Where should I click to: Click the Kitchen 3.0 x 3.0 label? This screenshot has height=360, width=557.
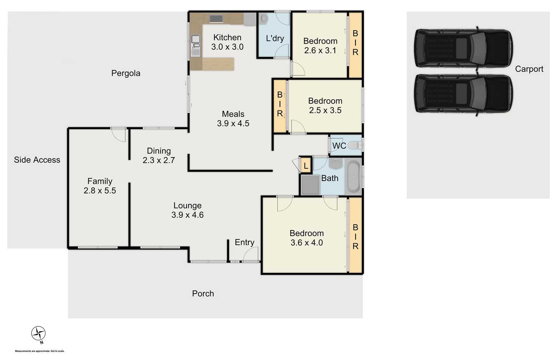coord(227,42)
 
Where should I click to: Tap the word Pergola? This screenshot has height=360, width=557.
coord(126,73)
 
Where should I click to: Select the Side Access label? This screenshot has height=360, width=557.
coord(37,160)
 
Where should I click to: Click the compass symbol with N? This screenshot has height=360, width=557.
coord(38,334)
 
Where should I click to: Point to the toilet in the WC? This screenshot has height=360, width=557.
coord(354,146)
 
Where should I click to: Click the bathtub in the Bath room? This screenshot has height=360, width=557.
coord(353,177)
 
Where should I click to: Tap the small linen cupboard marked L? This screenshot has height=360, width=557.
coord(306,166)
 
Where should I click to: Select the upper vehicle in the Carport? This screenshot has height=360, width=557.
coord(463,48)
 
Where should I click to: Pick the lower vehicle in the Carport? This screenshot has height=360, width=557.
coord(463,93)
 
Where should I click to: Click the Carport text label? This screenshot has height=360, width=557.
coord(529,69)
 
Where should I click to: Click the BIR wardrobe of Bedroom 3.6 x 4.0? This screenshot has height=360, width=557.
coord(355,236)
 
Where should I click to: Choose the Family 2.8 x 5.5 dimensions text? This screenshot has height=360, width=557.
coord(100,191)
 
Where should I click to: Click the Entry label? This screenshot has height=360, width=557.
coord(244,242)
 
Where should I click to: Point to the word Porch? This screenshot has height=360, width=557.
coord(203,294)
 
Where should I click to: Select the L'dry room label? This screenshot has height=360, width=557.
coord(275,38)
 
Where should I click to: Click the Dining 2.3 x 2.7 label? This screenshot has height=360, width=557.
coord(159,155)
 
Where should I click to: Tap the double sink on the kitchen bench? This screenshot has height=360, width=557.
coord(195,45)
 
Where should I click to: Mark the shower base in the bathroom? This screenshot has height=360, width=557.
coord(310,185)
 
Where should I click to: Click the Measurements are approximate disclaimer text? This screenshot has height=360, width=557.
coord(40,351)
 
